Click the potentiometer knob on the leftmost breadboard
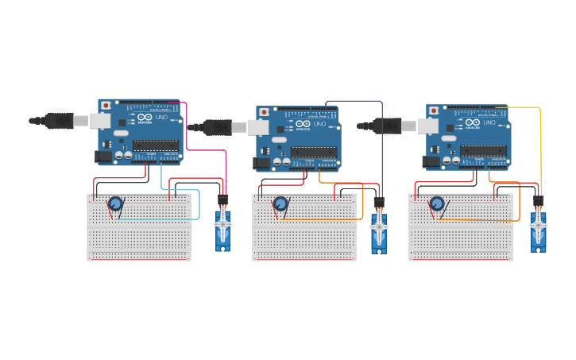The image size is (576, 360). coord(116,204)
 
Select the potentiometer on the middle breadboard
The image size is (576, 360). coord(280,204)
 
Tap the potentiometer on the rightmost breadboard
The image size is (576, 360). coord(437,204)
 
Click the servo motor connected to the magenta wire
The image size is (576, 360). coord(222,229)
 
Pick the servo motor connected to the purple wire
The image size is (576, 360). coord(379,230)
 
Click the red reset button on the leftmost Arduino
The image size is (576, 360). coord(106,106)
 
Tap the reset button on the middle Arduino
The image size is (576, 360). coord(264,112)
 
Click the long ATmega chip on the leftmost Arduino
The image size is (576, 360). coord(155,145)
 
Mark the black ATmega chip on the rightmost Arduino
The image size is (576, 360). coord(483,150)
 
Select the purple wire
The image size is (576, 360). coord(382,143)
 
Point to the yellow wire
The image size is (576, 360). coord(540,143)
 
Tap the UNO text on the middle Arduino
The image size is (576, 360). coord(319,125)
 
